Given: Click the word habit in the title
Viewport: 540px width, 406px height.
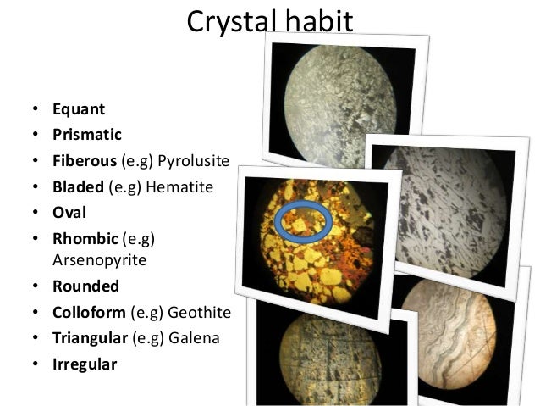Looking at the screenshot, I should click(x=317, y=20).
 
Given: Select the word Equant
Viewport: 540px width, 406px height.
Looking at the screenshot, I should click(x=79, y=108).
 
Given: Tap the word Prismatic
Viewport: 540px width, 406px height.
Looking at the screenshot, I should click(x=86, y=134).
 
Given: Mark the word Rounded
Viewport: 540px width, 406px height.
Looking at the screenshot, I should click(x=85, y=286).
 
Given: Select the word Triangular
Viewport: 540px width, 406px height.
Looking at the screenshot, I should click(x=90, y=338).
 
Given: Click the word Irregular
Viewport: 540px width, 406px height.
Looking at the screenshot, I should click(x=85, y=364).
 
